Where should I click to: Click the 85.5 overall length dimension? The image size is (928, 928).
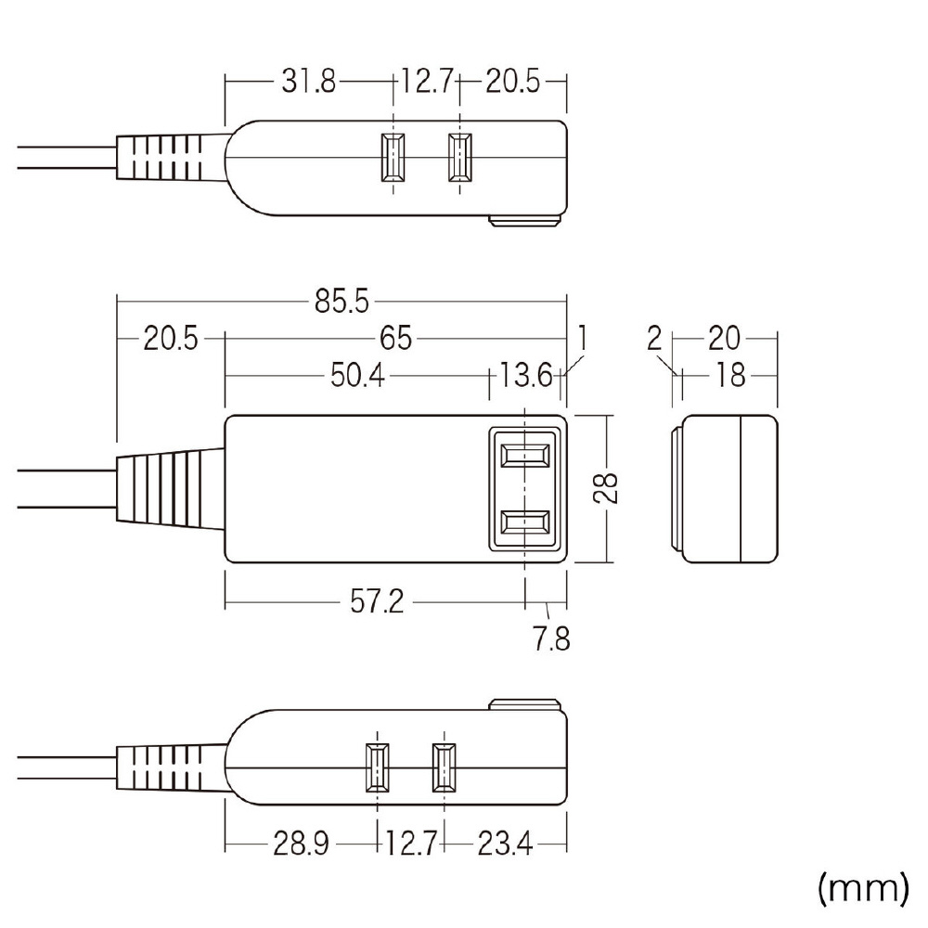click(x=342, y=302)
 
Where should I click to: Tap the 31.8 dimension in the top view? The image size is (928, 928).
click(x=308, y=81)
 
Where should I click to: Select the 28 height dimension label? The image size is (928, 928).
click(x=605, y=488)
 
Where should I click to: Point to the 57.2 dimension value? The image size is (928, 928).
click(x=377, y=602)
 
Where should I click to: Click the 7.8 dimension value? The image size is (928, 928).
click(x=551, y=638)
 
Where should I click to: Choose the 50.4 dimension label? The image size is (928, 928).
click(x=357, y=375)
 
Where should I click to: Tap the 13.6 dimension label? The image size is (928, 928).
click(x=526, y=375)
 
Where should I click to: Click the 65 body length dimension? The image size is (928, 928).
click(x=395, y=339)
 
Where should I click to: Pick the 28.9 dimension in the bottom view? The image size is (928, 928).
click(x=301, y=844)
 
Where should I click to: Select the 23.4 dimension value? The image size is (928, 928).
click(x=505, y=844)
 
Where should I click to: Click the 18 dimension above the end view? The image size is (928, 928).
click(x=730, y=375)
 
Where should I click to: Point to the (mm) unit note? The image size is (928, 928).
click(x=863, y=888)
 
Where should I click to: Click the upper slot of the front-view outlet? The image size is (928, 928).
click(x=525, y=456)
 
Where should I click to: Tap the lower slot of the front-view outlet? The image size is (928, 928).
click(x=525, y=522)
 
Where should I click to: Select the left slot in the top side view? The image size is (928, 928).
click(x=393, y=157)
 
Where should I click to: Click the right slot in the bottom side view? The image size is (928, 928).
click(x=444, y=767)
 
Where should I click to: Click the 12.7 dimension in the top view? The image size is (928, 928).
click(x=427, y=81)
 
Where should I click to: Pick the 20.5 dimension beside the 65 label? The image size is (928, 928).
click(x=171, y=339)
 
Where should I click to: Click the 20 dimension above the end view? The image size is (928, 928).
click(x=724, y=339)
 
